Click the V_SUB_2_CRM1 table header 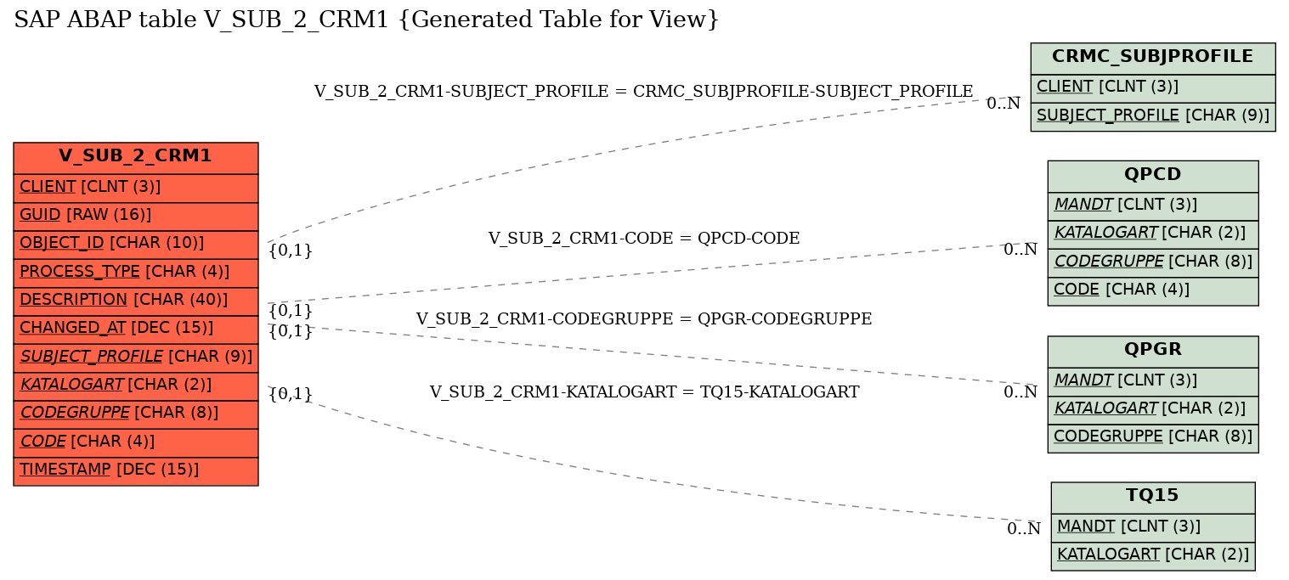(136, 157)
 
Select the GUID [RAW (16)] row (136, 216)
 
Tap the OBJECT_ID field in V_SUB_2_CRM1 (136, 244)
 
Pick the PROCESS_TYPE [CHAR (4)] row (136, 273)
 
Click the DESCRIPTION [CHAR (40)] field (136, 301)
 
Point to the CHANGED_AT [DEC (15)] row (136, 329)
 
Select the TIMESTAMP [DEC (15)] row (136, 470)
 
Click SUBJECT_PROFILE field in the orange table (136, 357)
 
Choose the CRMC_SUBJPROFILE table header (1152, 58)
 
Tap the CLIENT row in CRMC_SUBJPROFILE (1152, 87)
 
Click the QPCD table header (1152, 175)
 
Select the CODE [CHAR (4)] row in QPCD (1152, 290)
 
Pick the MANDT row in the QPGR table (1152, 381)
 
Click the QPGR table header (1152, 350)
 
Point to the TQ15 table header (1152, 497)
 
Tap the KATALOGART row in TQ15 (1152, 556)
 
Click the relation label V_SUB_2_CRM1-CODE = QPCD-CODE (643, 239)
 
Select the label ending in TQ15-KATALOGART (643, 392)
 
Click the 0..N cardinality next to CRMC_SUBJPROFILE (1003, 104)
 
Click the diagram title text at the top (366, 20)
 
